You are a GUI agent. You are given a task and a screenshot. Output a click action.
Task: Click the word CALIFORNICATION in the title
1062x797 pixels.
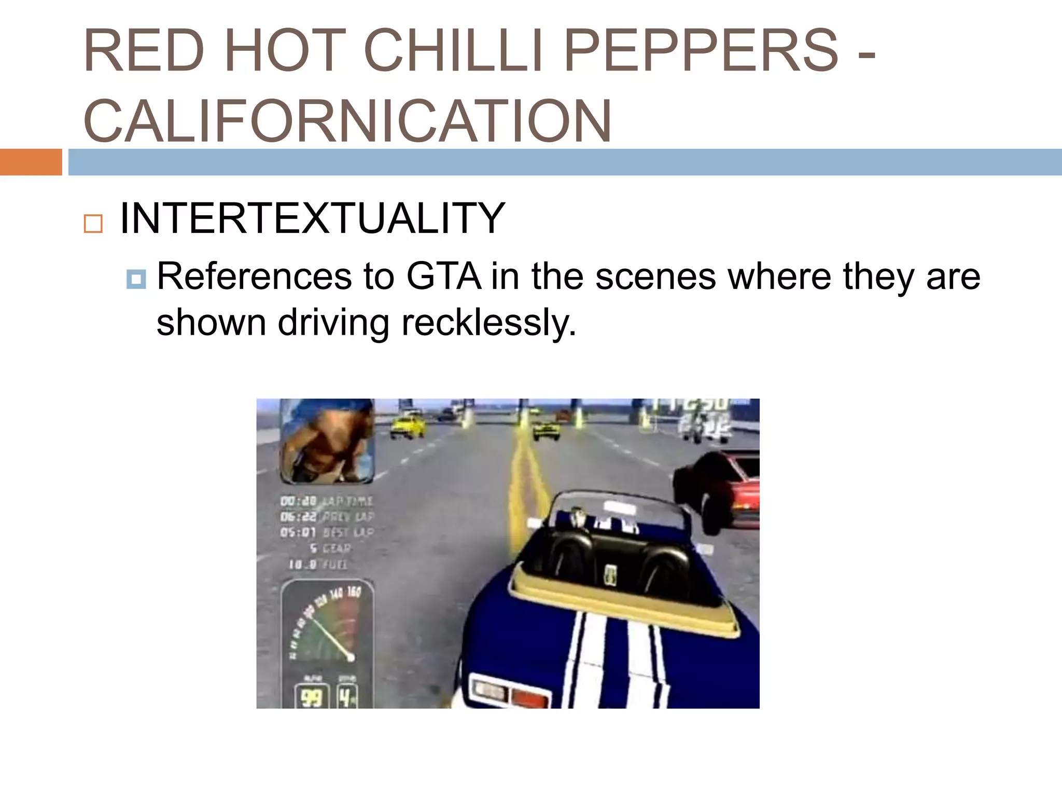coord(347,121)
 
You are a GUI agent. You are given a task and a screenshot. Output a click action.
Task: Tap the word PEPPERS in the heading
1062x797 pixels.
coord(701,51)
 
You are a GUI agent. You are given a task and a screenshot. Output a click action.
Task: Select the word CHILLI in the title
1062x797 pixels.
coord(453,51)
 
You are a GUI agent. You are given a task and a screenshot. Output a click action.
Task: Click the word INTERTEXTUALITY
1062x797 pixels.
coord(312,218)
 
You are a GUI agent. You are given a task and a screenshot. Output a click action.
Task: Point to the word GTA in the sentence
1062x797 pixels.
coord(443,276)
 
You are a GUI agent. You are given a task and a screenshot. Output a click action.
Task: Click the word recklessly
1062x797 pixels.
coord(488,323)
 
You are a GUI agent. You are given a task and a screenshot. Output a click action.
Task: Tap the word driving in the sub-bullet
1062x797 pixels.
coord(333,323)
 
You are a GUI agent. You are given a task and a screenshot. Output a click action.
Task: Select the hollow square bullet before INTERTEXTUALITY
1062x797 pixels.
coord(93,224)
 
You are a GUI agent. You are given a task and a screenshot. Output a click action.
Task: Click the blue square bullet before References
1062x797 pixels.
coord(136,280)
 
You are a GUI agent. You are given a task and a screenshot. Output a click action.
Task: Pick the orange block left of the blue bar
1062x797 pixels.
coord(31,162)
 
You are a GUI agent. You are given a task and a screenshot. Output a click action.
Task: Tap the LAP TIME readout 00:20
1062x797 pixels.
coord(298,501)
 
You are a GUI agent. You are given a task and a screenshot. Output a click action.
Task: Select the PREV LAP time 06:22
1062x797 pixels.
coord(298,517)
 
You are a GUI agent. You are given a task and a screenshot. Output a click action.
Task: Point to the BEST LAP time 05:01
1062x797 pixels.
coord(298,532)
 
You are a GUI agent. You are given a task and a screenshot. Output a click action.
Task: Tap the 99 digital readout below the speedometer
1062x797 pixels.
coord(312,697)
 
